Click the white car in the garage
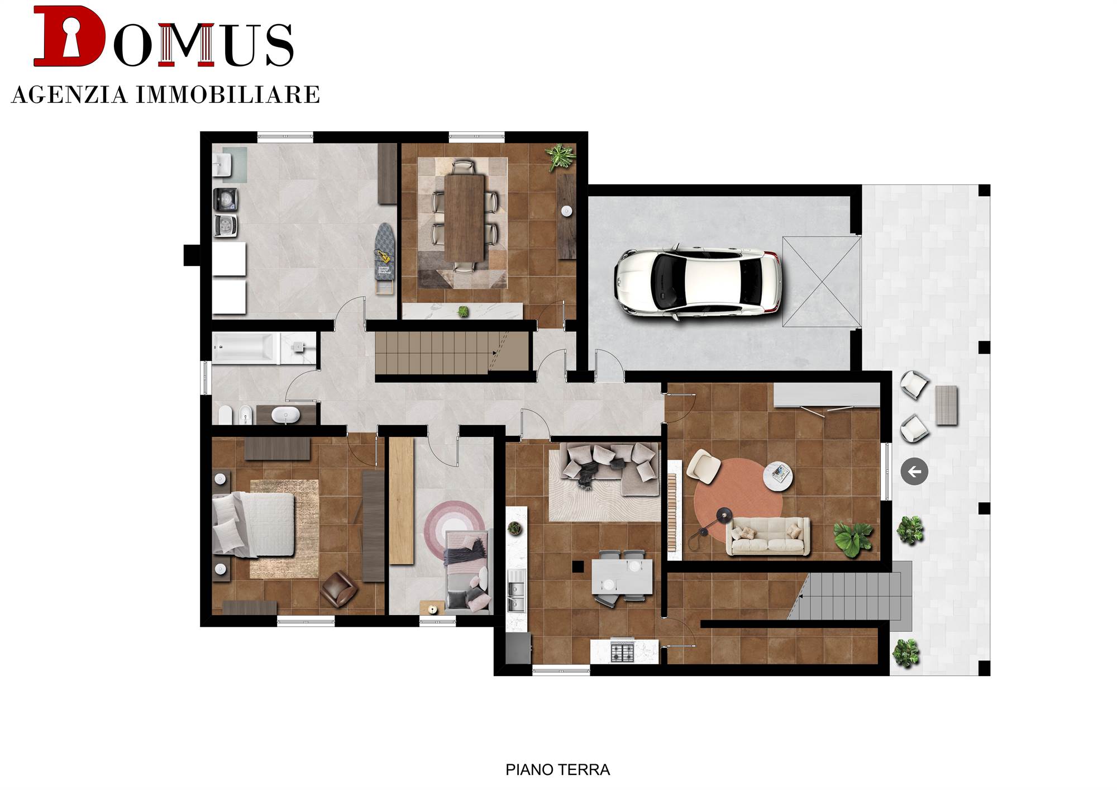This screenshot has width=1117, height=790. coord(698,282)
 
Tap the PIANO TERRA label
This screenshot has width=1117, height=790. coord(557,770)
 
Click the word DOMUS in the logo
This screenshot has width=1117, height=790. coord(164,37)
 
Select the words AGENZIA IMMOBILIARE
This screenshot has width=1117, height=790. coord(165,94)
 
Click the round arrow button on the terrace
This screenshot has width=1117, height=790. coord(914,472)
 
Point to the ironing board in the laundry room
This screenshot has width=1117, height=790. coord(384,258)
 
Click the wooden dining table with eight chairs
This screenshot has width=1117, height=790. coord(464,218)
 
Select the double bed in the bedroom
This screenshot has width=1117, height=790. coord(254,524)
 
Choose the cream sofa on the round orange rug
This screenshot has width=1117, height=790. coord(768,536)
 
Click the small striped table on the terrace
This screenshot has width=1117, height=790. coord(947,405)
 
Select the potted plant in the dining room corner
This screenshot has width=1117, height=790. coord(560,156)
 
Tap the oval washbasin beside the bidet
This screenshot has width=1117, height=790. coord(285,415)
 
